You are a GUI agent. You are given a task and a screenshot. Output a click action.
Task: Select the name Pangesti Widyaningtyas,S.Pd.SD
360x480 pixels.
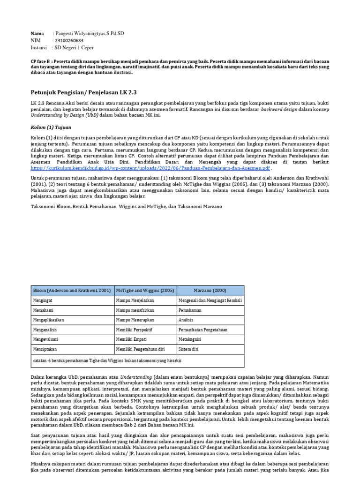tap(90, 34)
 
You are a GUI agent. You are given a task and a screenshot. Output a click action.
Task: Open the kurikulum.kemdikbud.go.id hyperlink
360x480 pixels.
tap(150, 168)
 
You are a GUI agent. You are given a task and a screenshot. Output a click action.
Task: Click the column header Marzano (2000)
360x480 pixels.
tap(210, 290)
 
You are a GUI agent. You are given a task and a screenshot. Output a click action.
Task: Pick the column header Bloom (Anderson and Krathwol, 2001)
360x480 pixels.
tap(72, 290)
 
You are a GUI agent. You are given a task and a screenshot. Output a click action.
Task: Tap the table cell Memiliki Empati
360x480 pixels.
tap(134, 339)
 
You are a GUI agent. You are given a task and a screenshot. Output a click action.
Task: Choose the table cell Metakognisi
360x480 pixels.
tap(191, 339)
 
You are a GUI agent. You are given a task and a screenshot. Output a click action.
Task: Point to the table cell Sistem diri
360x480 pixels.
tap(189, 349)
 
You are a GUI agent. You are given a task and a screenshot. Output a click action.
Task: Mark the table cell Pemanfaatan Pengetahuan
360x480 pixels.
tap(203, 330)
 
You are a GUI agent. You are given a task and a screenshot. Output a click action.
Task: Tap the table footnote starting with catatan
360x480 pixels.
tap(107, 361)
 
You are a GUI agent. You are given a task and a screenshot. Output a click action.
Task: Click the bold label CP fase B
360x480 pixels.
tap(41, 62)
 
